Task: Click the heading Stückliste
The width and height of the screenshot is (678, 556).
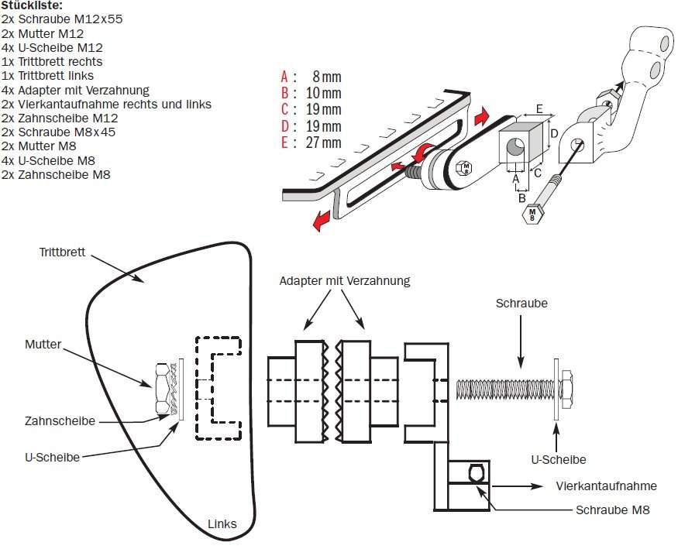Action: click(37, 5)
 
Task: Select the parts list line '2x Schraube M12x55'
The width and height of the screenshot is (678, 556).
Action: click(62, 18)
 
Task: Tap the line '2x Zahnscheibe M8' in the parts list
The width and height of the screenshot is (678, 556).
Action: click(56, 175)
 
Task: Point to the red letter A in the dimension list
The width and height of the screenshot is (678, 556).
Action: click(284, 77)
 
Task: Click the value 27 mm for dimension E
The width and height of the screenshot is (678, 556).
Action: click(325, 143)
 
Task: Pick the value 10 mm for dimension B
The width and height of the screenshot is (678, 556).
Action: click(324, 94)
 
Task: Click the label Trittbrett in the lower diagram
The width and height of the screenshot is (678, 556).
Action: click(62, 253)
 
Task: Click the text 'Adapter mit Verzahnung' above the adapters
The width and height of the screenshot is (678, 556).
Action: click(344, 280)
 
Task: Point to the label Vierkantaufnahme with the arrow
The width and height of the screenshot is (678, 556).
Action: click(606, 486)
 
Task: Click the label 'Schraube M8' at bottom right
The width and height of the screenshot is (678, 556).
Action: click(612, 510)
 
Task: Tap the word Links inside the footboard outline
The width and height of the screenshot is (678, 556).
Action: click(222, 524)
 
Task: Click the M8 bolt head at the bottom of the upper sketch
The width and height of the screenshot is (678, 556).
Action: click(532, 214)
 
